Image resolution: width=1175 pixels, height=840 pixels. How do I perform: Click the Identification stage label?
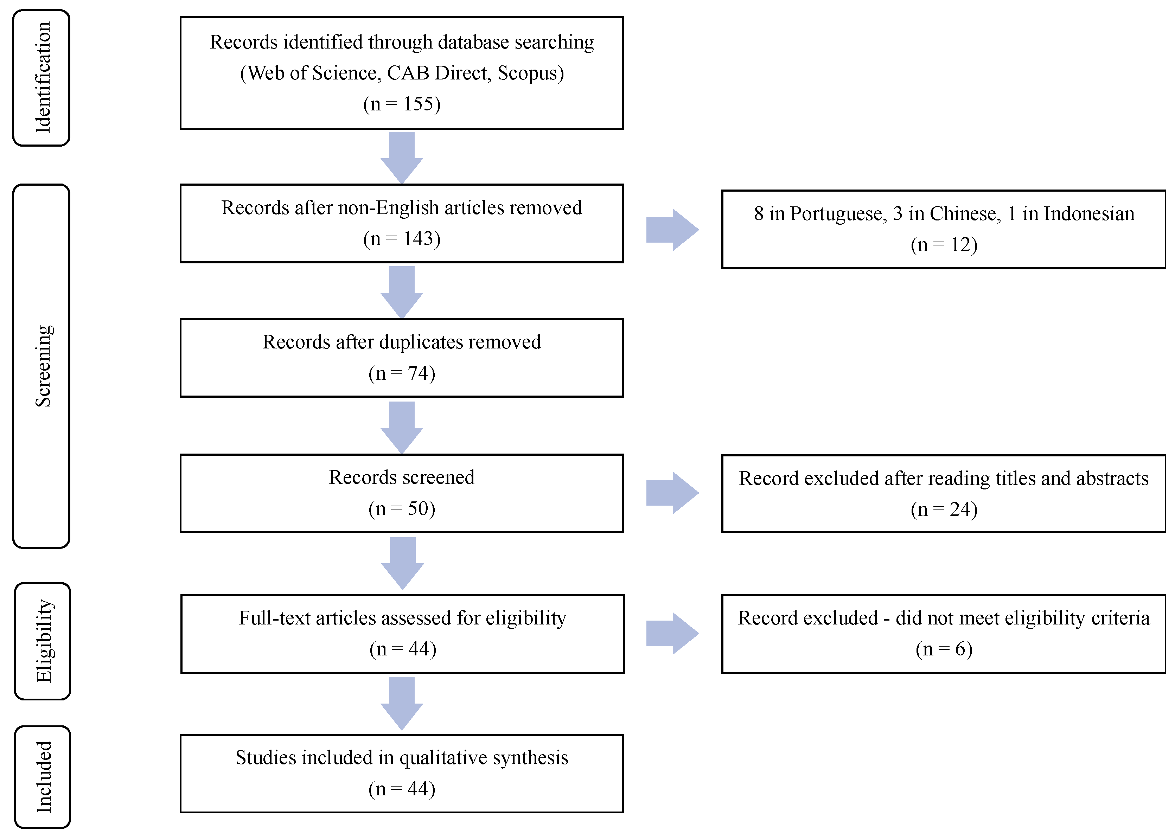(43, 78)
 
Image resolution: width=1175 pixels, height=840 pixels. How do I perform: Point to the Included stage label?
(44, 777)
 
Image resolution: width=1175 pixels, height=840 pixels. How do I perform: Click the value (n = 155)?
(402, 104)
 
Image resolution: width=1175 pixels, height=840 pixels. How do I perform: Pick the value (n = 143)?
(402, 238)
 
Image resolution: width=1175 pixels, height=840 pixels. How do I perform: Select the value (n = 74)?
(402, 373)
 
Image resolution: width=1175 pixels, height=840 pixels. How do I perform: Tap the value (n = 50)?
(402, 508)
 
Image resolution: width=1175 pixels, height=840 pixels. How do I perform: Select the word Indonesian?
(1088, 214)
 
